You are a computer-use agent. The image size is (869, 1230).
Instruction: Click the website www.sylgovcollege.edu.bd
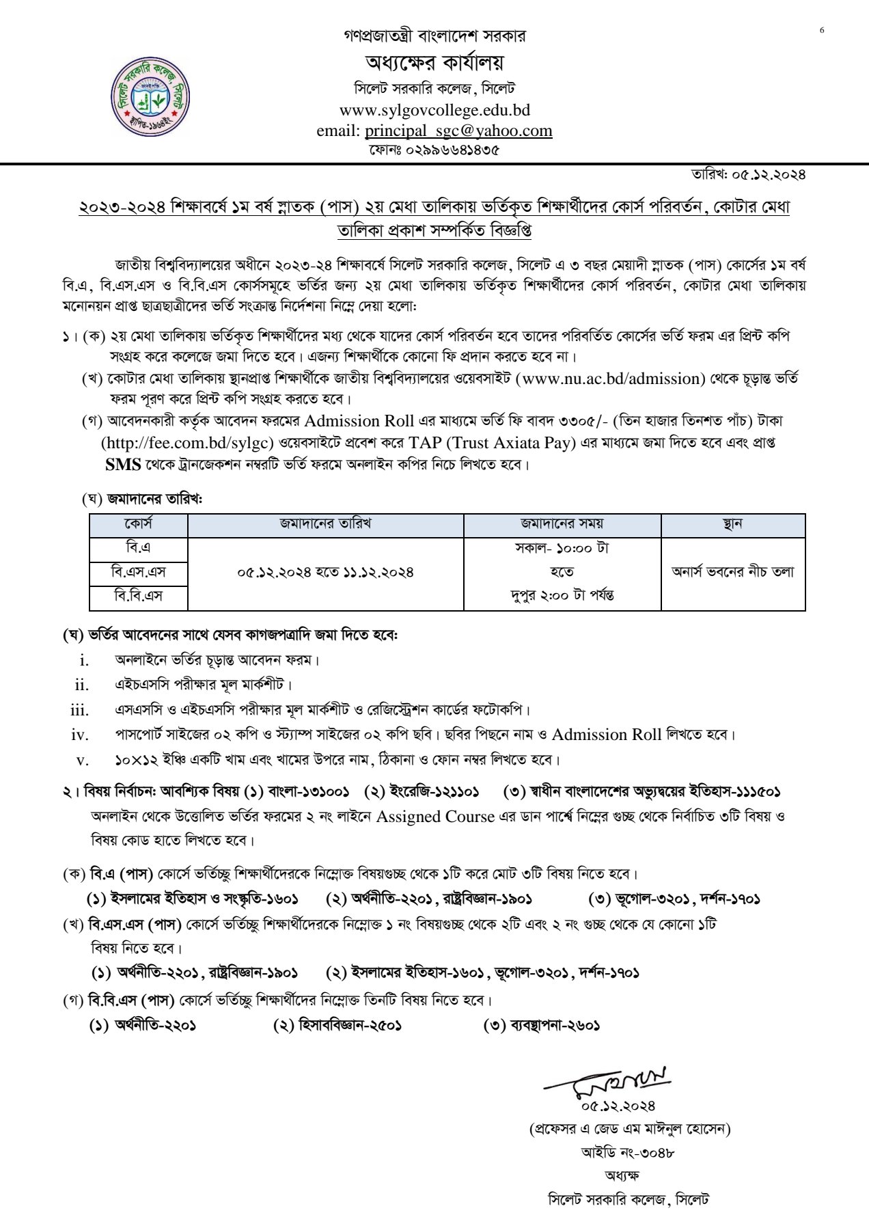point(434,110)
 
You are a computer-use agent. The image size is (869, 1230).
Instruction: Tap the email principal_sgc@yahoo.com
point(458,130)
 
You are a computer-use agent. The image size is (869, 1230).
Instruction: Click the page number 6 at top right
point(822,30)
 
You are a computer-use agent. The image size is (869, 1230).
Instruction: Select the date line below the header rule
point(749,175)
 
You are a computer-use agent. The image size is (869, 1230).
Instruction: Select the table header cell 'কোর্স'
point(138,525)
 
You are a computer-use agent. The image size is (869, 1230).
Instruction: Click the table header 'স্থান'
point(732,525)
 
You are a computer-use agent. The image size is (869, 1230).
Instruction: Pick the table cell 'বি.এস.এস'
point(138,571)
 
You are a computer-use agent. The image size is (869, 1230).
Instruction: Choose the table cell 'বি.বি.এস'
point(138,596)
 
